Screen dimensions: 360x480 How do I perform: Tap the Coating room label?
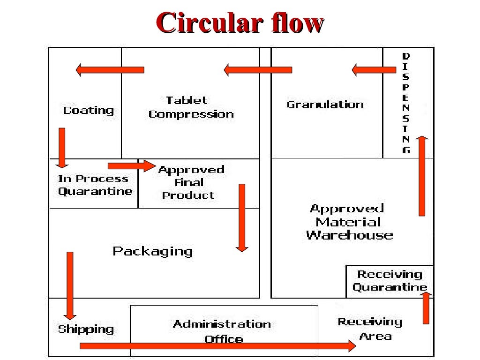click(89, 111)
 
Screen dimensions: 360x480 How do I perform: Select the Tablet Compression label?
click(191, 107)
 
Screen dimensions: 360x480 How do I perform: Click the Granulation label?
click(325, 105)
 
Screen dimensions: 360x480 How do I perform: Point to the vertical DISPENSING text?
click(406, 103)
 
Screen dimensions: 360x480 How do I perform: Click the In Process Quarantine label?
click(95, 185)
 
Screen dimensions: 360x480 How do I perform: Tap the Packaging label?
click(152, 251)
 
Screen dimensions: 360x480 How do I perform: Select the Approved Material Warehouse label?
click(349, 222)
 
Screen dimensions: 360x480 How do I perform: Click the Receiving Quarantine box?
click(389, 281)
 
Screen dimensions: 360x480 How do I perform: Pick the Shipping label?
click(86, 329)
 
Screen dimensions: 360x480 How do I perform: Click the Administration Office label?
click(222, 331)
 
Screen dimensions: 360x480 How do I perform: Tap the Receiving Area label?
click(370, 329)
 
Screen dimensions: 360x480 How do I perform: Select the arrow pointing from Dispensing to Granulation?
click(374, 70)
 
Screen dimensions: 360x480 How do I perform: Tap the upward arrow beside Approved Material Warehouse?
click(422, 176)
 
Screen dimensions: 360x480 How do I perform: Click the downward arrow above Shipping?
click(70, 285)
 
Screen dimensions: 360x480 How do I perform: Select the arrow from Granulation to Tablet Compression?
click(258, 70)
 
